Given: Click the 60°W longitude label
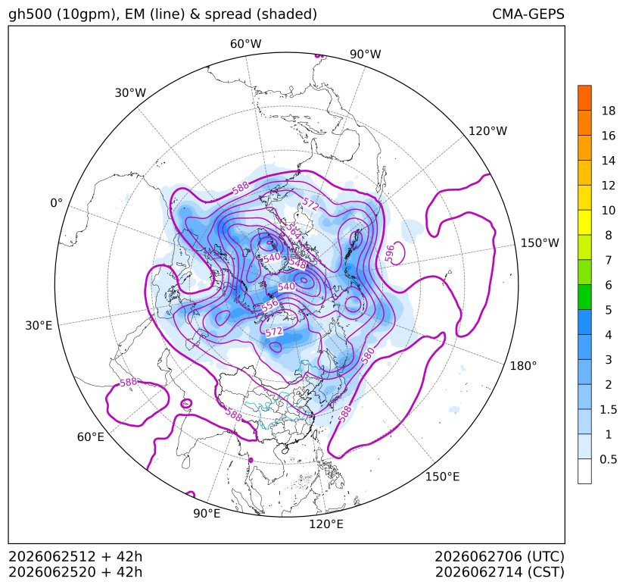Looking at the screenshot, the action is coord(245,44).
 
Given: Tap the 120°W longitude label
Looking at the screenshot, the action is coord(487,131).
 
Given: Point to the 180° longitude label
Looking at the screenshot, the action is coord(523,366).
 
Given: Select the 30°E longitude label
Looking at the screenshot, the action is coord(39,326).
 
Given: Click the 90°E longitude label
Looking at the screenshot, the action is coord(207,514).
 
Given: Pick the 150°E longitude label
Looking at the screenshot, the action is coord(442,477).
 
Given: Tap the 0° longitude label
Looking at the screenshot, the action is coord(56,203).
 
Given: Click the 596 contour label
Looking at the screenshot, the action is coord(390,253).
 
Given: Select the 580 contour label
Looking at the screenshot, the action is coord(368,355).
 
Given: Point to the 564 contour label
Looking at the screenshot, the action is coord(294,232).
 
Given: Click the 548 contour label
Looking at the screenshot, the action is coord(297,263).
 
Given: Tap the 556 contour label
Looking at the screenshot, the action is coord(270,305).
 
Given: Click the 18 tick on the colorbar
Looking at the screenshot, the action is coord(609,111).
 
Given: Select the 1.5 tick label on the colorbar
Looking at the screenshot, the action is coord(609,409).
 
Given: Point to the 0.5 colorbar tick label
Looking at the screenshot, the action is coord(609,459).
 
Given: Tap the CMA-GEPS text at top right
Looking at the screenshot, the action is coord(528,14).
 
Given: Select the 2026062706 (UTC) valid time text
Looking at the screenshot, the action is coord(500,557).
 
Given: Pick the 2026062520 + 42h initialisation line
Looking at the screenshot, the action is coord(76,572).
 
